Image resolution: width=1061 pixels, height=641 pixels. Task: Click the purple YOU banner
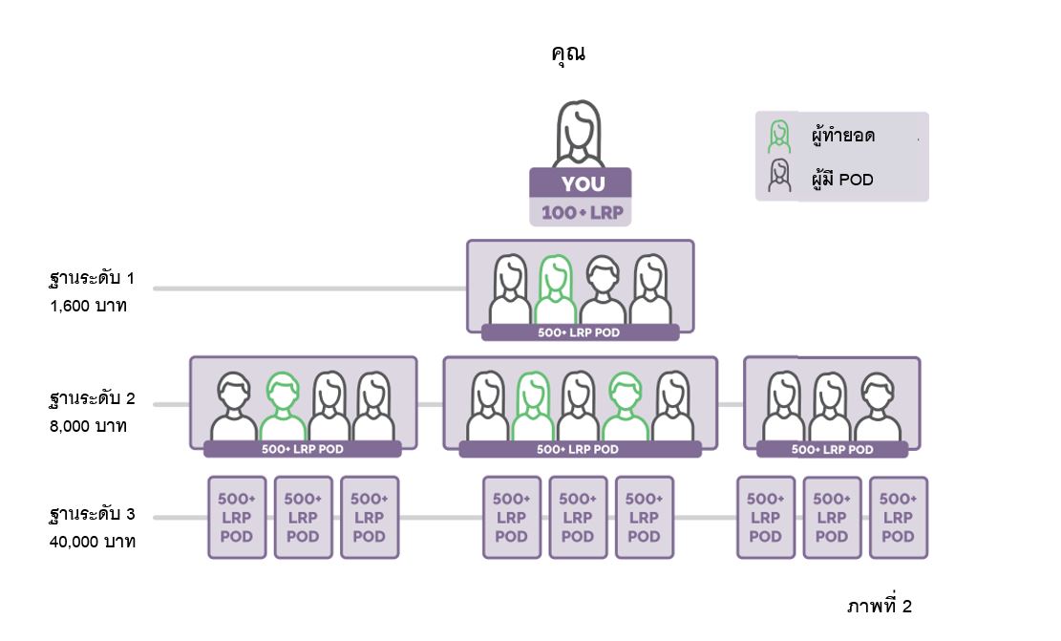581,183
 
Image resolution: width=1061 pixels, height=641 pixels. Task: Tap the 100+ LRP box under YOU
581,212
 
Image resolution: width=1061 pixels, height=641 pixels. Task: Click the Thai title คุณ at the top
568,53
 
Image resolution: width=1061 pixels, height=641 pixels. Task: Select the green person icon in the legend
779,136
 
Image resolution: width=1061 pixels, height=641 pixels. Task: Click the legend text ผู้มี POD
842,179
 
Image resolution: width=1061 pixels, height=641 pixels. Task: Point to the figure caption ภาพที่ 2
879,607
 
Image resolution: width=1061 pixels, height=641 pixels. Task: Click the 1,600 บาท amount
89,307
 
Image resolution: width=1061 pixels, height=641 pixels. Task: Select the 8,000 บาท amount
89,425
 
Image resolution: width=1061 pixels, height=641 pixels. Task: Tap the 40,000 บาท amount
93,542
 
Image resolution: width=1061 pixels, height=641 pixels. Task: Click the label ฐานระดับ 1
92,279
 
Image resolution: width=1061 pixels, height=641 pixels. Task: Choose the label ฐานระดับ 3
92,515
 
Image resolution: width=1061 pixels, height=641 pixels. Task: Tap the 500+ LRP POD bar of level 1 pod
580,332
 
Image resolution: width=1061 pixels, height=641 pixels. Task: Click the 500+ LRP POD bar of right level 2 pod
832,449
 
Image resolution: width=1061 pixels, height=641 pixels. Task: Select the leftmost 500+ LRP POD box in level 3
237,517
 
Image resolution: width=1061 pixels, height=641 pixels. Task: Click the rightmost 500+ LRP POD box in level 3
898,517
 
